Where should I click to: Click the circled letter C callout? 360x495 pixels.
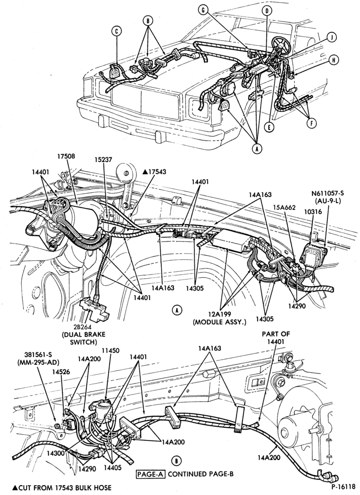tap(116, 31)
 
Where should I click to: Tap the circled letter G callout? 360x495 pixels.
tap(203, 10)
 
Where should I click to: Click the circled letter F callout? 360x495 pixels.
tap(312, 123)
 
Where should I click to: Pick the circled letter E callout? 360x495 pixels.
tap(269, 127)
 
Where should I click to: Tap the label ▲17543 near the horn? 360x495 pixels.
tap(154, 172)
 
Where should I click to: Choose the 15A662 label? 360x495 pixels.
tap(285, 207)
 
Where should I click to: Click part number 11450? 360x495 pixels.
tap(111, 351)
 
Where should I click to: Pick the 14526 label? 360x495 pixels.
tap(61, 372)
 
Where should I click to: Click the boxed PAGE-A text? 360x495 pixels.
tap(151, 474)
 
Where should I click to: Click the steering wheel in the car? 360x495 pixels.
tap(280, 44)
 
